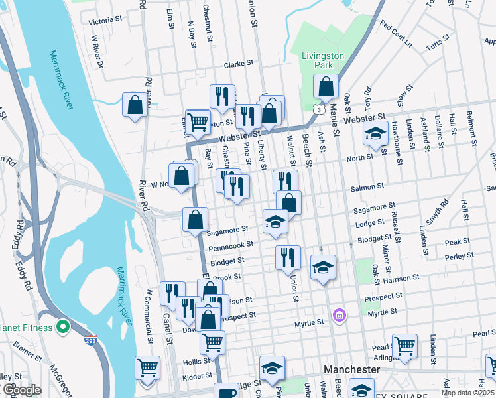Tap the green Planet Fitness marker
[63, 326]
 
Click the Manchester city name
[351, 369]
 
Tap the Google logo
[21, 390]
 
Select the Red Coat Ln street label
[396, 34]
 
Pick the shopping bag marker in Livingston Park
[326, 86]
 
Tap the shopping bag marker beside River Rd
[135, 105]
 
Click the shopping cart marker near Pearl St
[404, 345]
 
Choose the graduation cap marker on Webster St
[375, 133]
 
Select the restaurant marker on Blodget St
[288, 257]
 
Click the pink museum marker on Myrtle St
[340, 314]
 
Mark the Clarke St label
[239, 64]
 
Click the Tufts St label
[438, 44]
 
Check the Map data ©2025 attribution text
[467, 393]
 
